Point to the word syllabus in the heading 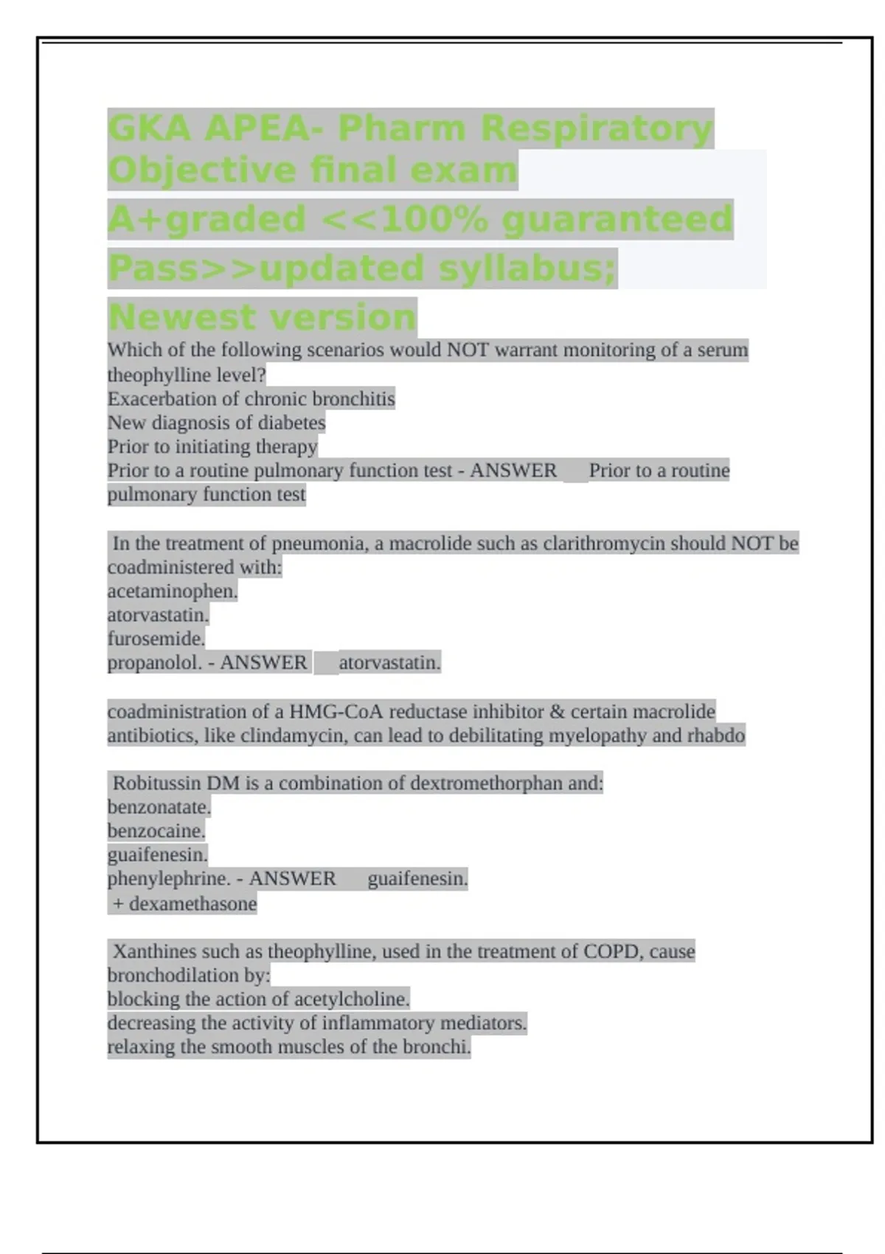tap(527, 268)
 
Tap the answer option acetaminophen tap(172, 591)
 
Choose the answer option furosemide tap(156, 638)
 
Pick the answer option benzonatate tap(159, 807)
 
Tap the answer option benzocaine tap(156, 831)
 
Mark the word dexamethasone tap(193, 904)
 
